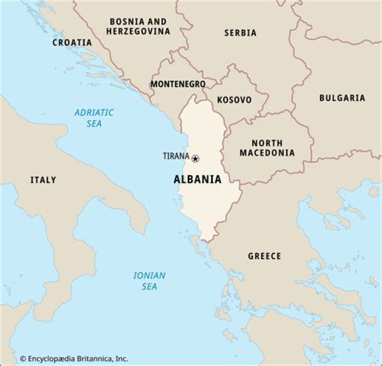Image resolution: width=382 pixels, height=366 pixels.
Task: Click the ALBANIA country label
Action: [x=197, y=179]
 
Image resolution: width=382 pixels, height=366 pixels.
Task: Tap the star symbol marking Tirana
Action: [x=195, y=158]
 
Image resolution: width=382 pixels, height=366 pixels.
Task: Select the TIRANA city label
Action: [x=176, y=156]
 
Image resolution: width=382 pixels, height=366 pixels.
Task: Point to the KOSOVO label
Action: [x=235, y=100]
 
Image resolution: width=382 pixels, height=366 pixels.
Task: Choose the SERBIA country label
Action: [x=240, y=33]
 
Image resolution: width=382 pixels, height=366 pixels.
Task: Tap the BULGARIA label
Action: [x=342, y=98]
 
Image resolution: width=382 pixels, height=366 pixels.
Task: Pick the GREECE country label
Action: [x=265, y=256]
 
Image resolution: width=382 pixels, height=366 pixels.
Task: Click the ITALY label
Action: [x=43, y=180]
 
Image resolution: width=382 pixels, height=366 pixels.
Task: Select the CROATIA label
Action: [x=72, y=42]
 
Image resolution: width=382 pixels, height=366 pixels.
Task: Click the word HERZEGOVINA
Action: [x=138, y=31]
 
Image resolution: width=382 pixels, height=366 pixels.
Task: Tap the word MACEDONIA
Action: [x=267, y=153]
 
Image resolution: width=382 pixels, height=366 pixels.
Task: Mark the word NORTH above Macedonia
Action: [x=267, y=143]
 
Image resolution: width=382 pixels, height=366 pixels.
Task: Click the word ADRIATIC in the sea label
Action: [x=94, y=112]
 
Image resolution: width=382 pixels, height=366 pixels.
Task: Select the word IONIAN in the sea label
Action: [x=149, y=275]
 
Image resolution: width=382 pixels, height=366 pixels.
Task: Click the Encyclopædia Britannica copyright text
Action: [x=74, y=359]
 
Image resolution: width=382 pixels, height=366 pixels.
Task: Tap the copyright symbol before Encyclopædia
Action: [x=23, y=359]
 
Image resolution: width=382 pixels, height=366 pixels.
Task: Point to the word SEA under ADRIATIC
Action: [x=94, y=124]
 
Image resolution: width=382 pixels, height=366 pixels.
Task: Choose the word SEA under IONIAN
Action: [x=149, y=286]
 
